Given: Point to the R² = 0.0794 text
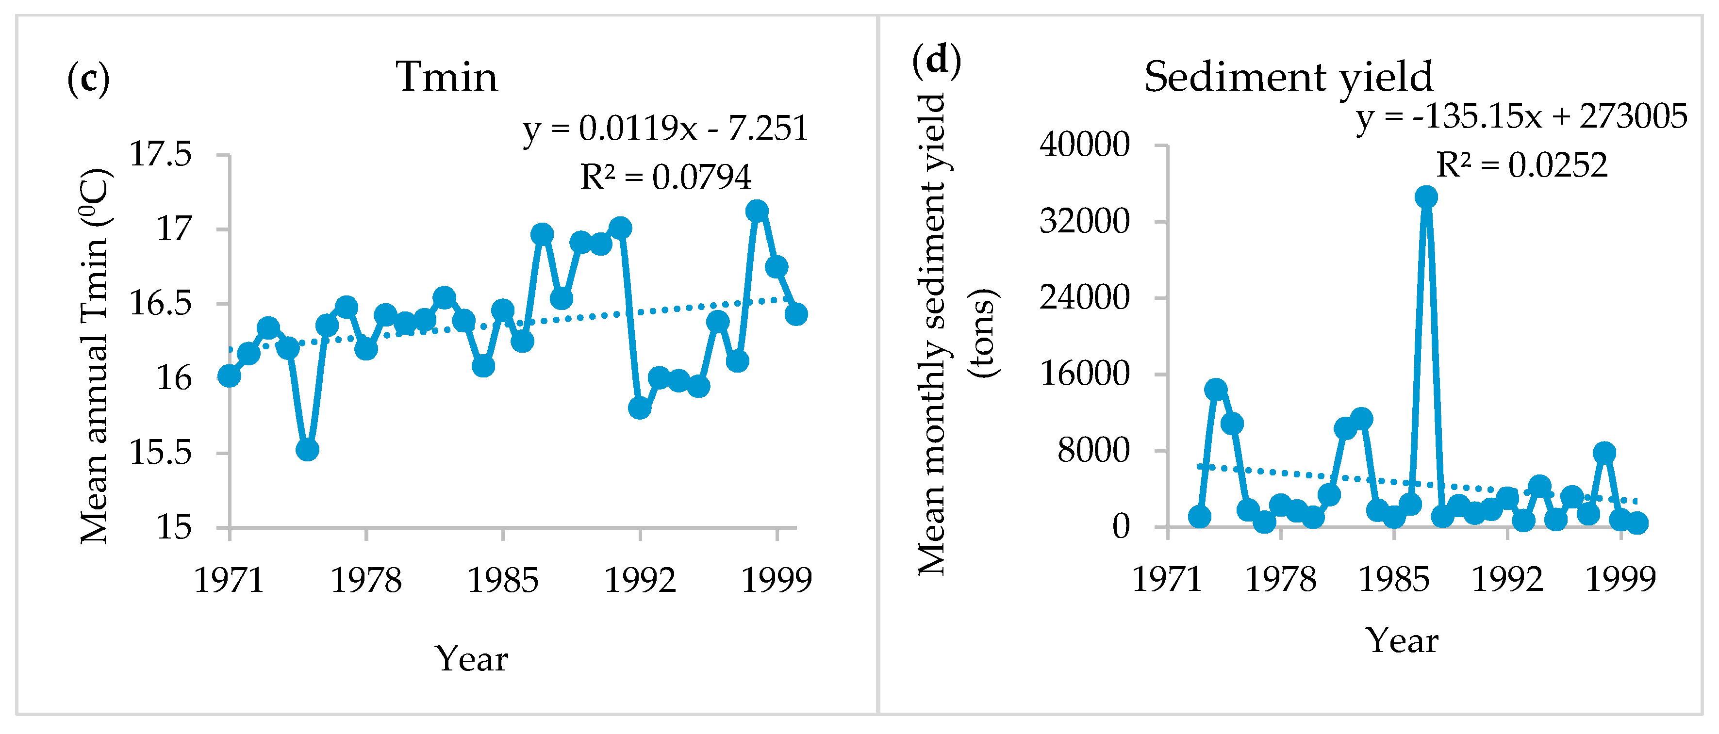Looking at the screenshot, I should (665, 177).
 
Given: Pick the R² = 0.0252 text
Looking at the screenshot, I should (1521, 165).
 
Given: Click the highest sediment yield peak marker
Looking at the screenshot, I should (1426, 197).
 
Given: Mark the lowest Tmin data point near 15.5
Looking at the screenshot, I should (307, 450).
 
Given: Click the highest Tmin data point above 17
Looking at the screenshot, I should (757, 211).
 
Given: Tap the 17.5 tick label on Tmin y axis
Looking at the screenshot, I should (160, 154).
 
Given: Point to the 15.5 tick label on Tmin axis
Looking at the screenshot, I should (160, 453).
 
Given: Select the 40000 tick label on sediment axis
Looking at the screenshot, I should (1084, 144).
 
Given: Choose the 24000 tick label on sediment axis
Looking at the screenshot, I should (1084, 297).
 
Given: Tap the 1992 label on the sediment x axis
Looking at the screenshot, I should (1507, 579).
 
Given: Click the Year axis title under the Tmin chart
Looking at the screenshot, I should (471, 659).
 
